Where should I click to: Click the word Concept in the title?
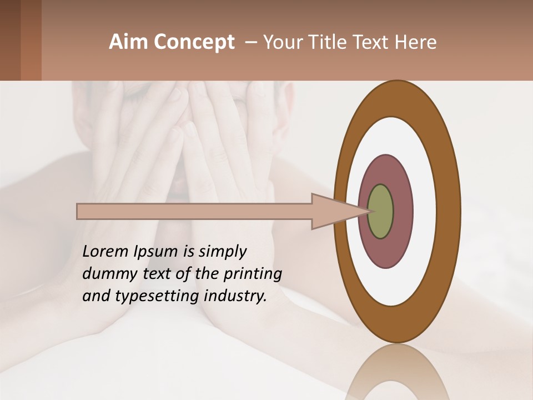194,42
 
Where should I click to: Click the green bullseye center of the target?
381,212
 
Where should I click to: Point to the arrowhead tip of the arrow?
369,212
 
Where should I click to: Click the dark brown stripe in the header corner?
10,40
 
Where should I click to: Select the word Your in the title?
280,42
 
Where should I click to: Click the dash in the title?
250,42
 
